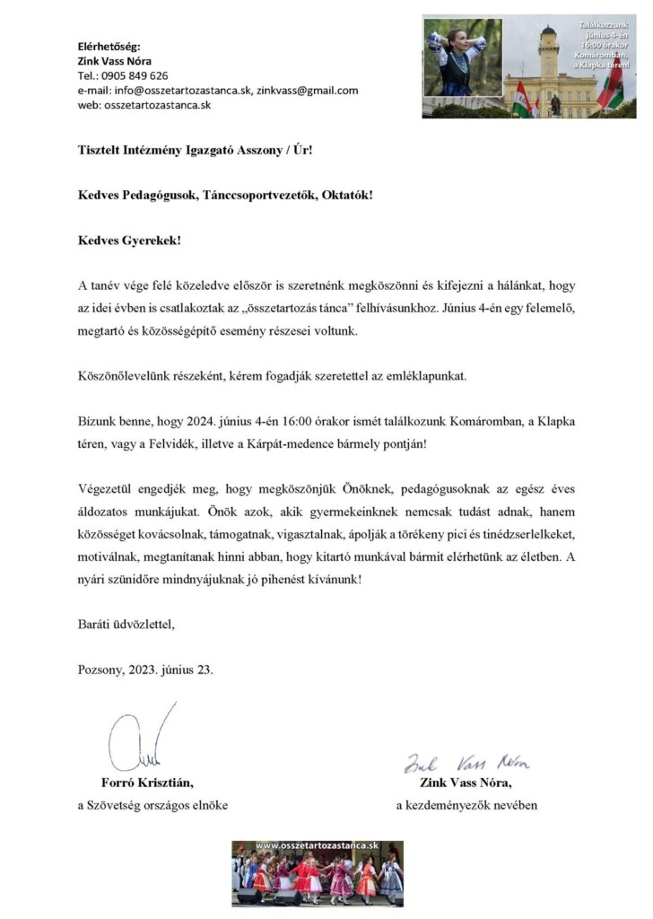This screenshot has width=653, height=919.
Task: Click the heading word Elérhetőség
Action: click(109, 46)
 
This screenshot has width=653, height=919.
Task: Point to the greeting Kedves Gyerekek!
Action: click(122, 241)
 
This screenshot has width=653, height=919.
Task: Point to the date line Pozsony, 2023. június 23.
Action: click(146, 670)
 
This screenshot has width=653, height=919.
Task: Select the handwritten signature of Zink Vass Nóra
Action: click(466, 763)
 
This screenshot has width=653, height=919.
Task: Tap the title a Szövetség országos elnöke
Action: click(152, 805)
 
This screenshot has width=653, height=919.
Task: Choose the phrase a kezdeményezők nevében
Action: click(466, 805)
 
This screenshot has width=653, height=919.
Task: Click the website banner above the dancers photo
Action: click(318, 847)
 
